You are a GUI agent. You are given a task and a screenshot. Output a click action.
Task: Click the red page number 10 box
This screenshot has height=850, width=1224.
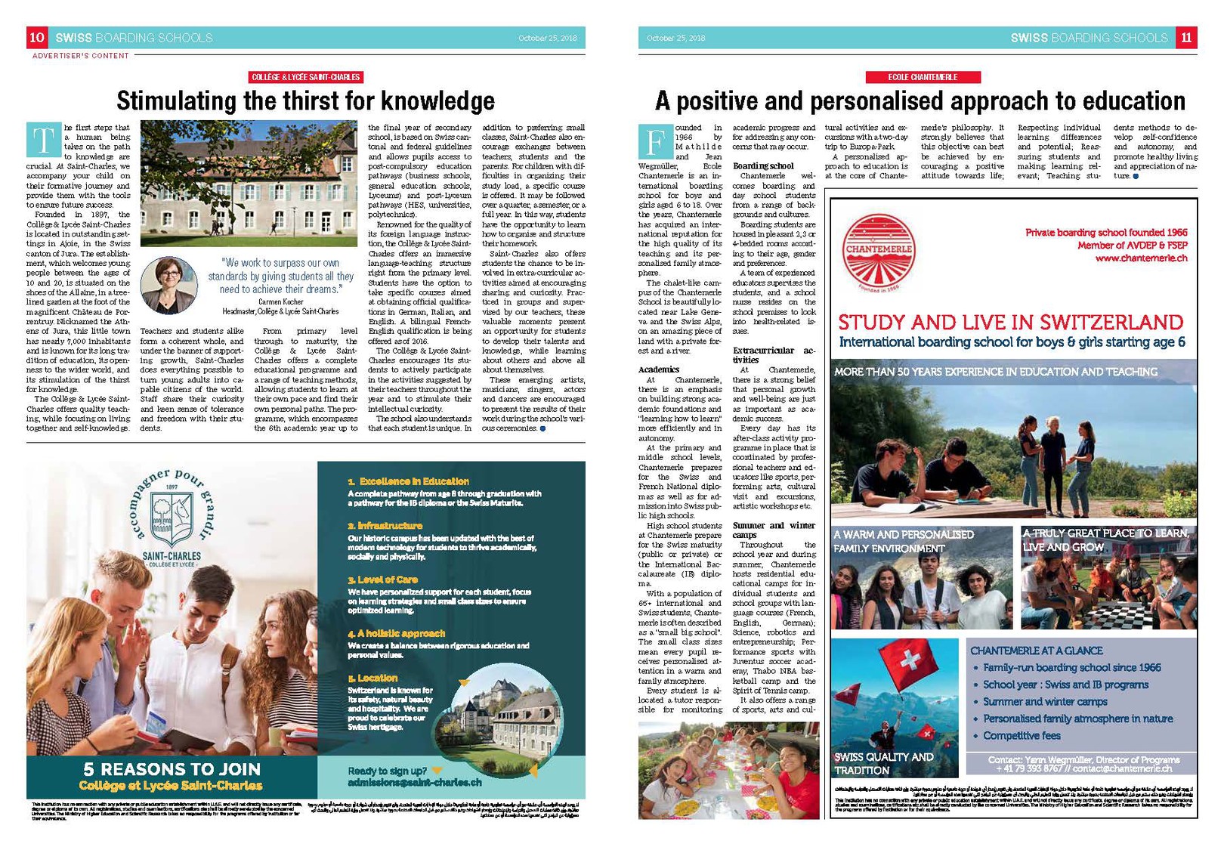point(37,37)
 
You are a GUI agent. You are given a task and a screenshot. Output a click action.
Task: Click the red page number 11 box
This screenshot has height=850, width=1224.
point(1186,37)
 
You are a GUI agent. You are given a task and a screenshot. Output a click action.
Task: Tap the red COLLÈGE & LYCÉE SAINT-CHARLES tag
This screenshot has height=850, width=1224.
point(306,77)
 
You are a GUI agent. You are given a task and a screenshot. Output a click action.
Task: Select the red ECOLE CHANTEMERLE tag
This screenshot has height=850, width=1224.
point(923,77)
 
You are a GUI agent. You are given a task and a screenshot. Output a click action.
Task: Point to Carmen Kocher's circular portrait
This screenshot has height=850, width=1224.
point(169,285)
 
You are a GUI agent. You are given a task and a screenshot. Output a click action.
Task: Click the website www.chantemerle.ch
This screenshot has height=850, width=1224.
point(1141,258)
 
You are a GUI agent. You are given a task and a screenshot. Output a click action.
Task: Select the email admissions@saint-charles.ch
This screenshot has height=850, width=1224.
point(414,783)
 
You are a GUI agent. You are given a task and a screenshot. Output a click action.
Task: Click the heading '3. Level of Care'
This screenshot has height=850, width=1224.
point(382,580)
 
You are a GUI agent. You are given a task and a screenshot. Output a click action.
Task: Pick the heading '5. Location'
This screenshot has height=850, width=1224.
point(372,678)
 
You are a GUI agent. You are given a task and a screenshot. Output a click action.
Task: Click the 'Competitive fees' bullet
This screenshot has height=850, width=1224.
point(1022,735)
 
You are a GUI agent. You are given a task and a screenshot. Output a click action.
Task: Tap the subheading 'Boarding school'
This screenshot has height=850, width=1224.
point(763,165)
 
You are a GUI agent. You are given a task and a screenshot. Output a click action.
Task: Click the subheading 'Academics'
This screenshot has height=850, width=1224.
point(659,369)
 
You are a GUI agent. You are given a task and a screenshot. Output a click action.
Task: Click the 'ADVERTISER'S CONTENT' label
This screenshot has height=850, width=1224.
point(81,56)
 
